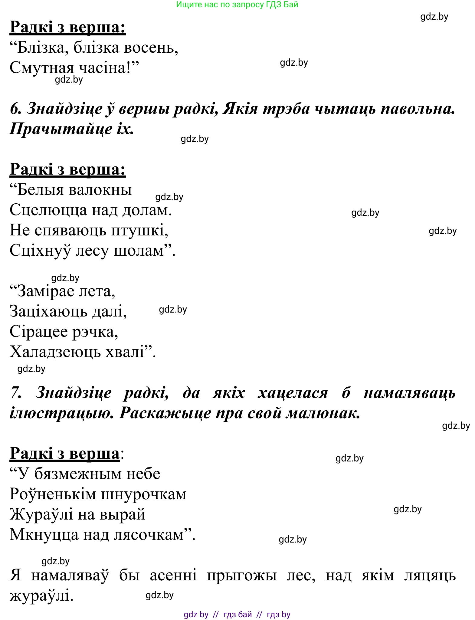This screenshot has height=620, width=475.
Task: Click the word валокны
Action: [100, 190]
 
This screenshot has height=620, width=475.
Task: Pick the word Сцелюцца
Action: [48, 210]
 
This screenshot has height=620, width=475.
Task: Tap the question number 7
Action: [15, 393]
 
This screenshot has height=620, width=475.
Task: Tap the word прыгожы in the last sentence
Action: [242, 575]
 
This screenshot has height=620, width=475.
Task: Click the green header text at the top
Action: [237, 5]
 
